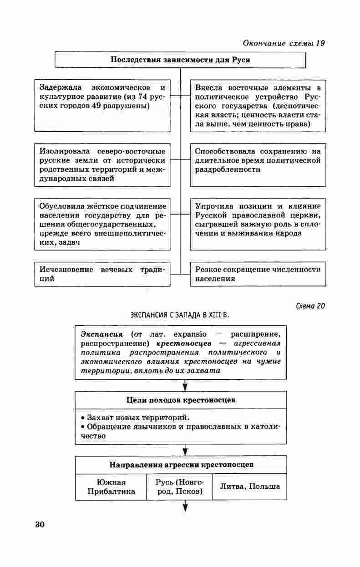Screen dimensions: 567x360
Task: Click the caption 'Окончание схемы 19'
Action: point(284,44)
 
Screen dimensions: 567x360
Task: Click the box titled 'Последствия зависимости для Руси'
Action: point(180,60)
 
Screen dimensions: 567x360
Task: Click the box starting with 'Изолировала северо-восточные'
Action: point(102,165)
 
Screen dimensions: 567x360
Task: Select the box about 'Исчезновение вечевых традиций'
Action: point(102,274)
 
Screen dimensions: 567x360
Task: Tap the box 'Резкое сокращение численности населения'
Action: point(258,274)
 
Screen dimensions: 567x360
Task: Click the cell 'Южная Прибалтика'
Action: point(112,487)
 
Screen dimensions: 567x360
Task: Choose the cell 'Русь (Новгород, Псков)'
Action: point(179,487)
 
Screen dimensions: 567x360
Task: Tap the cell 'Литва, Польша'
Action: point(250,486)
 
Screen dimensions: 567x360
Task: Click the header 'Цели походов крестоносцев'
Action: point(181,400)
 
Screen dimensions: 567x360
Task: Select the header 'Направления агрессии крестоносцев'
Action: point(181,465)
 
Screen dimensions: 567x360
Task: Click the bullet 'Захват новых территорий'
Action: point(138,418)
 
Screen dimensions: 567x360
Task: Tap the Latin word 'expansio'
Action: point(190,334)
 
